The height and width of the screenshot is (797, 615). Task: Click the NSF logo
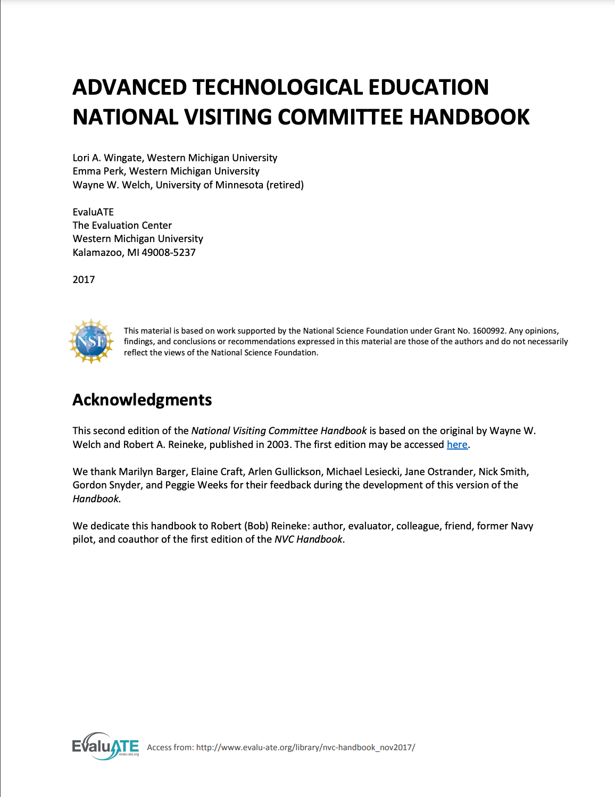click(x=92, y=342)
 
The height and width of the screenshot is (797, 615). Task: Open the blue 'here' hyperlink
click(x=457, y=445)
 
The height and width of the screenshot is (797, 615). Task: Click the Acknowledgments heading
click(x=142, y=400)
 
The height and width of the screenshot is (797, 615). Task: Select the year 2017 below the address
click(x=84, y=280)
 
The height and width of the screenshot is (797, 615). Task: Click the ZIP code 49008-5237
click(x=169, y=253)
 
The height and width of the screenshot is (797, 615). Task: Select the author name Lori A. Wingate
click(x=107, y=158)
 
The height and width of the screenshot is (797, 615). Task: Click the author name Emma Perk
click(x=98, y=171)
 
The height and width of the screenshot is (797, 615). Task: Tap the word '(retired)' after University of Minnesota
click(x=285, y=185)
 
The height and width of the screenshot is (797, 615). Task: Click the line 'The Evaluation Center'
click(x=122, y=226)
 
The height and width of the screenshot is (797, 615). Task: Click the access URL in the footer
click(x=305, y=748)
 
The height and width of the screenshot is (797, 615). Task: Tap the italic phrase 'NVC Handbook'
click(x=309, y=539)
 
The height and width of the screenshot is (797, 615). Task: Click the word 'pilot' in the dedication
click(x=82, y=539)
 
